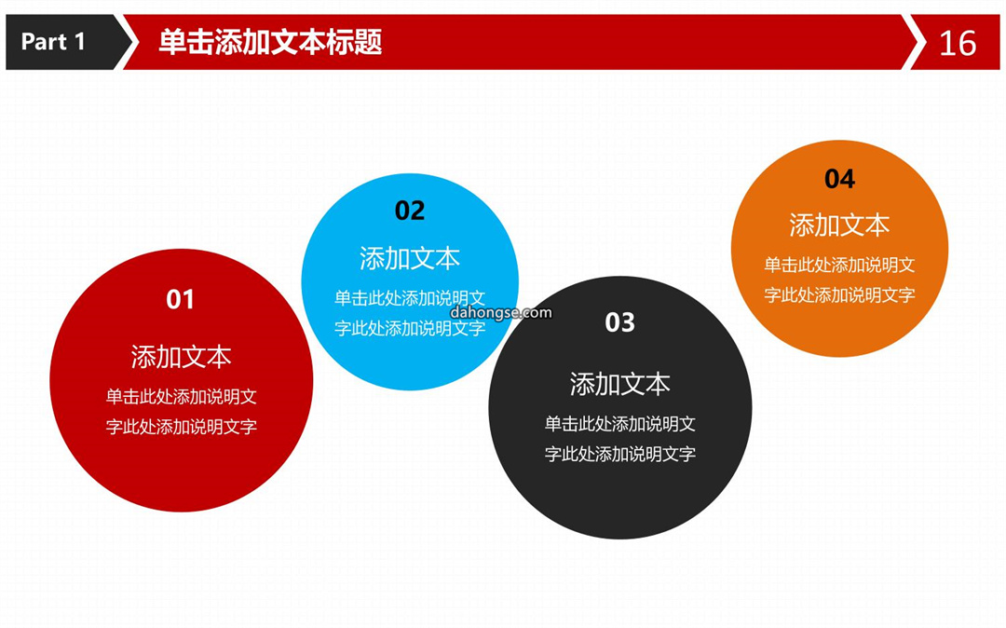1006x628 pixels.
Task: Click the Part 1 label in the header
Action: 52,42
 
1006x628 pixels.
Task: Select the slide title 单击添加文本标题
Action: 270,42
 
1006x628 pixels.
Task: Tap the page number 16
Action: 958,44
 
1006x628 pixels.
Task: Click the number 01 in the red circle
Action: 181,300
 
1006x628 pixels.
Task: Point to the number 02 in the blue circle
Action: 410,211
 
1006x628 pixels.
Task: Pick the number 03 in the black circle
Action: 619,322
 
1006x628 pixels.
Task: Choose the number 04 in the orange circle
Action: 840,179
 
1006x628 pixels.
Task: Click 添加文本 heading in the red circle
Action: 181,357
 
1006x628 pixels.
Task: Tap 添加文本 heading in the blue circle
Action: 410,258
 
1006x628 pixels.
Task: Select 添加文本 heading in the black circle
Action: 619,384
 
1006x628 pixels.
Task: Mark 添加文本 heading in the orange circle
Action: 840,225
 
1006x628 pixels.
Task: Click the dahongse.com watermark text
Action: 501,313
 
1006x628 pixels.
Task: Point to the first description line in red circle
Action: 182,396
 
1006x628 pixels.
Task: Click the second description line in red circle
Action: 182,427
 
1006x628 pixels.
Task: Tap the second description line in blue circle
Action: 410,328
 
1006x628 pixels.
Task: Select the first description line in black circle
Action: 620,423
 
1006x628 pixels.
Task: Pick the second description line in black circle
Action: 620,454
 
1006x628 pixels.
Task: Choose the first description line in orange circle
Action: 839,265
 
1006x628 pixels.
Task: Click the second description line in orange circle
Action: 839,295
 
